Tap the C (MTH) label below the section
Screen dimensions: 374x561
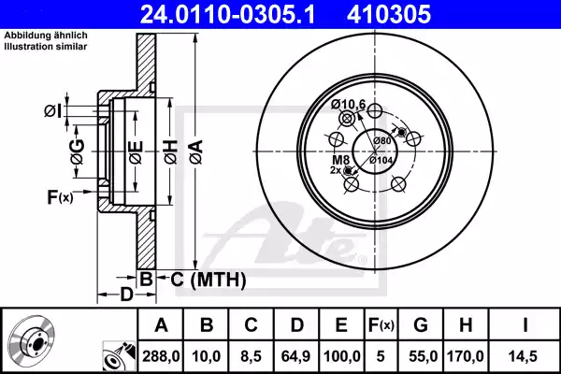point(202,279)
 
